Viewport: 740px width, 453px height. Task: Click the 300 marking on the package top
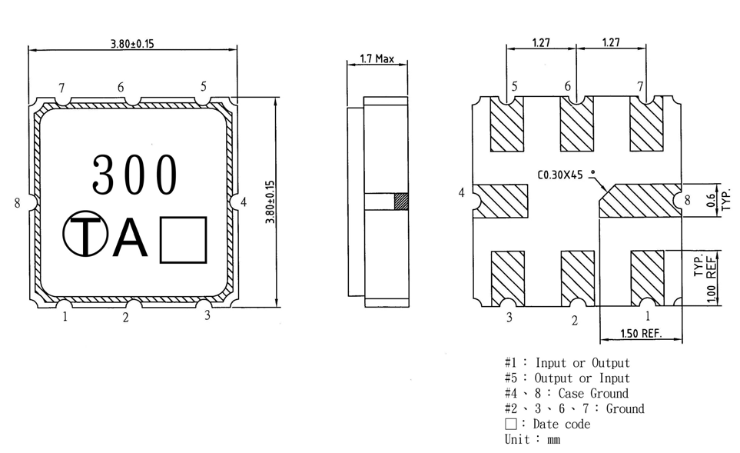[x=135, y=175]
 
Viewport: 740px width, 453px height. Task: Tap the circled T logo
[x=85, y=233]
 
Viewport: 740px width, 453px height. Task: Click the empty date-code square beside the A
[x=183, y=239]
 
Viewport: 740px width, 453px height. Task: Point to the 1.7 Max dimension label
[x=377, y=58]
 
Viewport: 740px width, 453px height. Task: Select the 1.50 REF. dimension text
[x=641, y=334]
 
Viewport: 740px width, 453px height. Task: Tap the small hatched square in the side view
[x=401, y=202]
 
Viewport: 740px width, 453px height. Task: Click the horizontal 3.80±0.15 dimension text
[x=132, y=44]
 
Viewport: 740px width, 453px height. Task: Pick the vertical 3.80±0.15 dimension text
[x=270, y=202]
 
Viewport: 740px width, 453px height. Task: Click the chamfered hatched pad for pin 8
[x=640, y=201]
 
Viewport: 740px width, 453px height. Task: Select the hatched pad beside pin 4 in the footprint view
[x=500, y=201]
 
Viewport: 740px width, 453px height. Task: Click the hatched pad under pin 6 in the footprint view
[x=577, y=125]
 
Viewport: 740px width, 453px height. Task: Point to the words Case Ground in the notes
[x=593, y=394]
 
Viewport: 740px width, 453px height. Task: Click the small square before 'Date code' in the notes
[x=511, y=424]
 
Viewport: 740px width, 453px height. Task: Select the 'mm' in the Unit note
[x=553, y=440]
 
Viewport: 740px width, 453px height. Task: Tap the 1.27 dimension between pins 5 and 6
[x=541, y=42]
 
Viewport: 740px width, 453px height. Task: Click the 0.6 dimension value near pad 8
[x=710, y=201]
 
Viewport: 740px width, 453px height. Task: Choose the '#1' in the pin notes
[x=511, y=363]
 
